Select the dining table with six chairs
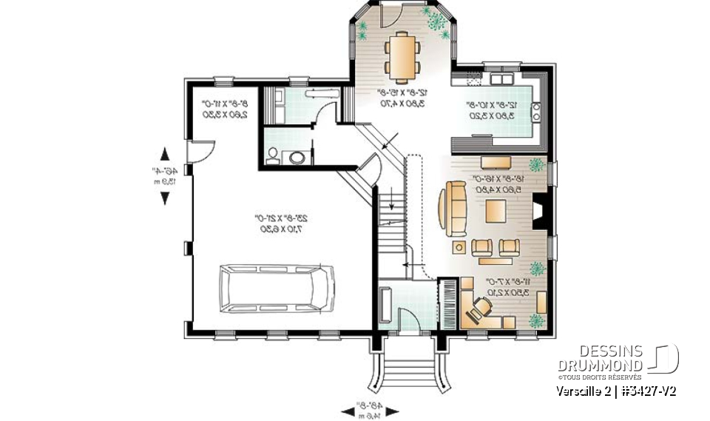[402, 57]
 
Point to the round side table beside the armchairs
[459, 247]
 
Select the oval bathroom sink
[297, 157]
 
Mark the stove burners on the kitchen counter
[535, 112]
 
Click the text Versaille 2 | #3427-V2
[615, 391]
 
